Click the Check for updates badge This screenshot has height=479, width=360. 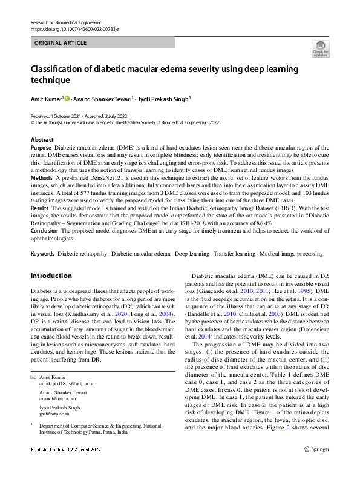pos(320,48)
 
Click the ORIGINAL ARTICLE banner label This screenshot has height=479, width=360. pos(61,44)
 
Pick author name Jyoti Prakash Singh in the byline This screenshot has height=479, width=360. pos(165,98)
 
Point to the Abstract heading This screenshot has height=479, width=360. pos(42,140)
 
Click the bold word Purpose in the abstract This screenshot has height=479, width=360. pos(41,148)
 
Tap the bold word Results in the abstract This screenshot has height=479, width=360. pos(41,207)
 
